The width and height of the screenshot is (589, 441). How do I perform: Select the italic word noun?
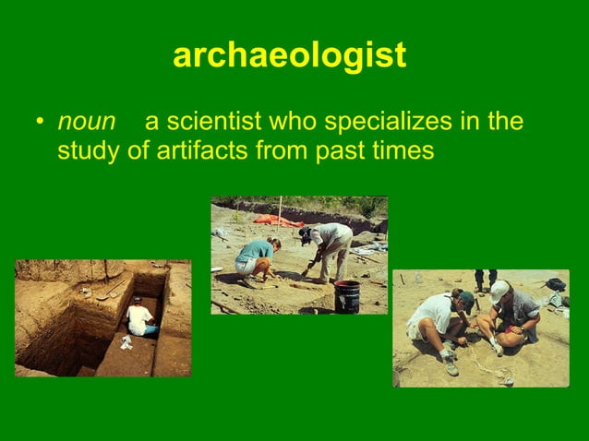(87, 123)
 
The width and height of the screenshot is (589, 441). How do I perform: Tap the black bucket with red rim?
(346, 296)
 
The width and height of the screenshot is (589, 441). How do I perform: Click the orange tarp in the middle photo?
(278, 220)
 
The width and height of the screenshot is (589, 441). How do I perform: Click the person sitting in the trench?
(140, 318)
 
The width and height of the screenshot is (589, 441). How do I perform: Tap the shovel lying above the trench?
(110, 293)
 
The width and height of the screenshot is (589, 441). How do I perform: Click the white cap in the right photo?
(499, 291)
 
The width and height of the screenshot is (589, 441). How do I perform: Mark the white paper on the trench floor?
(126, 341)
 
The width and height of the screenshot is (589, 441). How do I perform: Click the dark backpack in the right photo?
(555, 284)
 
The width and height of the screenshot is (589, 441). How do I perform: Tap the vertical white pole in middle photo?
(279, 211)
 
